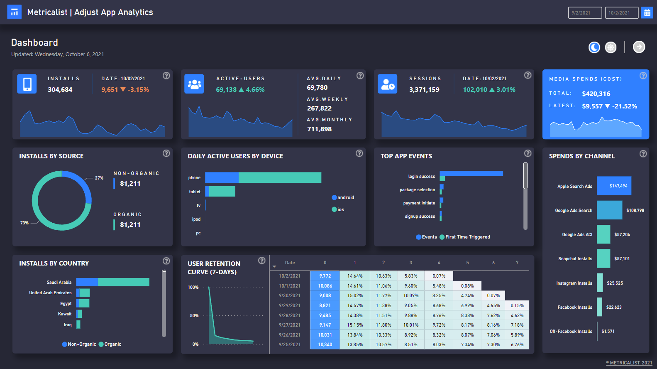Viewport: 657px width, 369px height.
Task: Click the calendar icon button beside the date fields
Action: pos(647,13)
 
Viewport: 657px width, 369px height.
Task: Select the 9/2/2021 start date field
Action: pos(585,13)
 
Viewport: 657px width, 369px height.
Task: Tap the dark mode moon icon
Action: pos(594,47)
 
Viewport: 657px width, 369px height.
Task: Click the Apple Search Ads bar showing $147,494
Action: pos(614,186)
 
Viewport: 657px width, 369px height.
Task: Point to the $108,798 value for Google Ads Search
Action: pos(635,210)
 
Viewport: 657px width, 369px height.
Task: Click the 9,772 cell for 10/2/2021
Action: pos(325,276)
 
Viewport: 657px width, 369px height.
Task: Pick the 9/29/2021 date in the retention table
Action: pos(289,305)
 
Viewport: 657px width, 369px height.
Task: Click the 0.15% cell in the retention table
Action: pos(517,305)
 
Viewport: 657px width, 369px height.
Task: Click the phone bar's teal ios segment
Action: pos(279,177)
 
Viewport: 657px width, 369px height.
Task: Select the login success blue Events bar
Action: pos(471,173)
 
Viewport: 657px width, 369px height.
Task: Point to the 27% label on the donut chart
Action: pos(99,178)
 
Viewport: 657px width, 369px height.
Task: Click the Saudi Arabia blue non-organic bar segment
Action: pos(87,282)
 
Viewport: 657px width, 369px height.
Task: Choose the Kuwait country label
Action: pos(65,314)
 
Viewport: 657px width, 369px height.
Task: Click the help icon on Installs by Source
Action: pos(166,153)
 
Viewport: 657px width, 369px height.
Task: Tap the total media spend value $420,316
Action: pos(596,94)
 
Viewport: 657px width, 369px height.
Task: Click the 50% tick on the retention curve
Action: pos(194,315)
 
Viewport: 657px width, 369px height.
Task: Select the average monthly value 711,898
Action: pos(319,129)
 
